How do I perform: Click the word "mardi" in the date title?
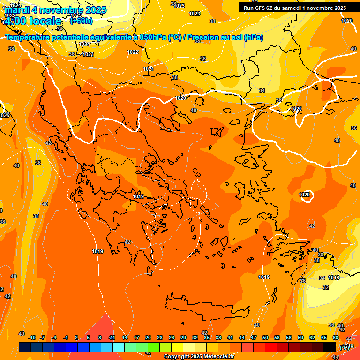[17, 9]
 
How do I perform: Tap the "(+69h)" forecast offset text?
[81, 21]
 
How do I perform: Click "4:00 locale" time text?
[32, 21]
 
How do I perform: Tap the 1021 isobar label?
[149, 69]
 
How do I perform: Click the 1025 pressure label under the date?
[76, 15]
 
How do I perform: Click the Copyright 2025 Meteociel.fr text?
[199, 357]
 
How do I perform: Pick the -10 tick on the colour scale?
[32, 337]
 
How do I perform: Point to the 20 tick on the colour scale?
[148, 337]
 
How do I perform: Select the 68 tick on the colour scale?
[336, 337]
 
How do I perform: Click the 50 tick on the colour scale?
[265, 337]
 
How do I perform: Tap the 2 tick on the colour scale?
[77, 337]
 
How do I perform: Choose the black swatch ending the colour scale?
[330, 347]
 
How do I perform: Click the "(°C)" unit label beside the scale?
[345, 347]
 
